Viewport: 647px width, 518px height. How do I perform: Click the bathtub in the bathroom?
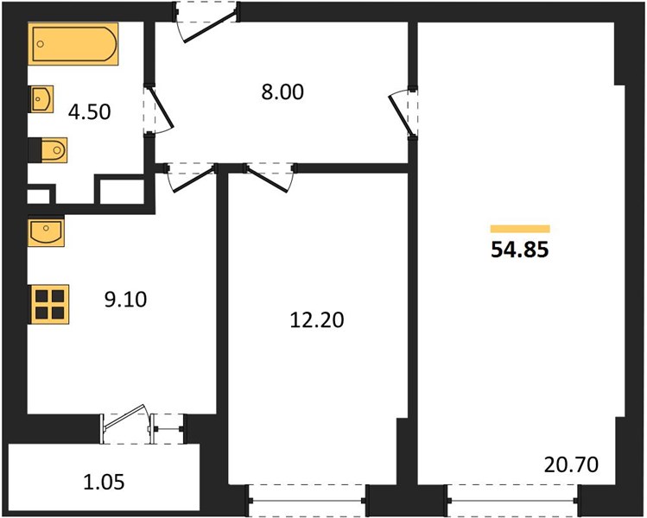73,44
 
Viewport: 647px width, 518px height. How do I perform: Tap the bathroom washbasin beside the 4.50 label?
41,99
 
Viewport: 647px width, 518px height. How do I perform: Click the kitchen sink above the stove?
47,232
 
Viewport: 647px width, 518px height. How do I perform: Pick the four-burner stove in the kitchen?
48,304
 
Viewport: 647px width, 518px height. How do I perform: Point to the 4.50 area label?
90,112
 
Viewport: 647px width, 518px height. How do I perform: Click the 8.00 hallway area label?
282,92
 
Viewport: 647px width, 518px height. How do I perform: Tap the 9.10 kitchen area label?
125,300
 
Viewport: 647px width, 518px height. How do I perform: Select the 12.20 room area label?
317,320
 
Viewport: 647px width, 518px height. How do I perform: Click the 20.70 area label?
571,464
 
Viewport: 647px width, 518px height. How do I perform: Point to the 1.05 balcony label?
104,482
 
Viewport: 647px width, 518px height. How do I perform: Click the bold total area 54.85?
520,250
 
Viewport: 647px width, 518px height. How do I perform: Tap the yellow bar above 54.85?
520,229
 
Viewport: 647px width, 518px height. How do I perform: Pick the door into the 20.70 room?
403,112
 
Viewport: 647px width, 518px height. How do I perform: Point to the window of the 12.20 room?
308,501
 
